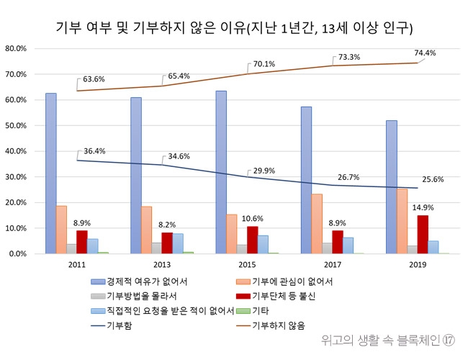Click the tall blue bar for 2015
click(221, 173)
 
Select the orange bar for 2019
click(402, 221)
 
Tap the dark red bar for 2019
click(423, 235)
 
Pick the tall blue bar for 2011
click(50, 174)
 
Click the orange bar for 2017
click(317, 224)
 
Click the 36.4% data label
click(95, 151)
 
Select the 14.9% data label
click(422, 207)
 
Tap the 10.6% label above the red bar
click(252, 218)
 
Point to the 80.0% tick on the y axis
click(16, 48)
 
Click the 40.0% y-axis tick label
click(16, 151)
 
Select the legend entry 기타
click(261, 311)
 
